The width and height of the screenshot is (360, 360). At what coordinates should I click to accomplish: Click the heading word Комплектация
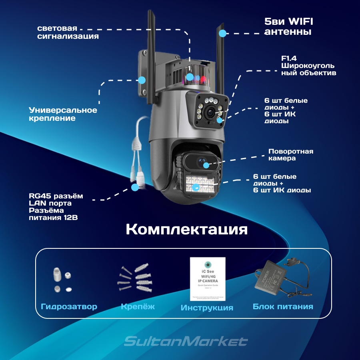186,230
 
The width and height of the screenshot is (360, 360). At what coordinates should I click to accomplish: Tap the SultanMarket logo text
186,342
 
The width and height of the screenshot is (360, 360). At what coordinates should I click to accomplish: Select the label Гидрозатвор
69,307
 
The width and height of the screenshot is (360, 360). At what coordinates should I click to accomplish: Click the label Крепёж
138,307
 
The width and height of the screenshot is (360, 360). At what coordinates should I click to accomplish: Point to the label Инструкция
207,308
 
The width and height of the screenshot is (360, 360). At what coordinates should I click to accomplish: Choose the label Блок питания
283,307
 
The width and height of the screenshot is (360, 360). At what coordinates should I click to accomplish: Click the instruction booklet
208,279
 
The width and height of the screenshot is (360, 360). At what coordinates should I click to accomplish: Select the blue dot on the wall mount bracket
141,80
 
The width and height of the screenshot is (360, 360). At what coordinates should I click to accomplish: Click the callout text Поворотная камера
290,155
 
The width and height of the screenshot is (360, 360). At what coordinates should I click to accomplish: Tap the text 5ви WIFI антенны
288,26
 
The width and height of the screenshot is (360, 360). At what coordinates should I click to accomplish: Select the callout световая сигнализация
68,32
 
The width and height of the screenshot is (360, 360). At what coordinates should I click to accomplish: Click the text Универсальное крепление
63,114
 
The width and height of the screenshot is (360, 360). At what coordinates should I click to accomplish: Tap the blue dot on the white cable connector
136,186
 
